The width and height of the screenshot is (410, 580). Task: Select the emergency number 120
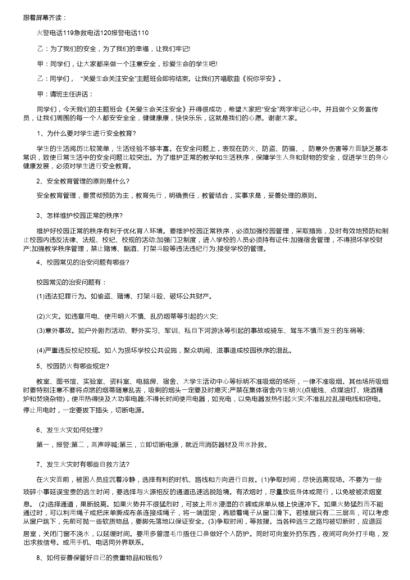(x=106, y=32)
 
